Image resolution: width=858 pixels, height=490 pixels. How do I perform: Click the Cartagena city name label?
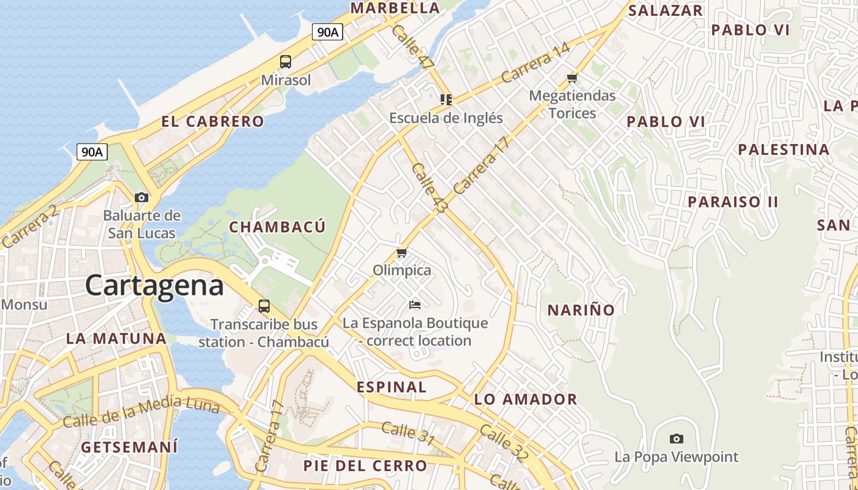tap(154, 285)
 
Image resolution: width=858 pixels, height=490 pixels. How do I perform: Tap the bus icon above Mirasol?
tap(286, 61)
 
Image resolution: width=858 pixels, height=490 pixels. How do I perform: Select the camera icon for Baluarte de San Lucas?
tap(142, 197)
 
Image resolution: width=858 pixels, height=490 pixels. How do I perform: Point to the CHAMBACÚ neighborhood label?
tap(277, 227)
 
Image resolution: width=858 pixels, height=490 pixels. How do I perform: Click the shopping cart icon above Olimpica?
tap(402, 252)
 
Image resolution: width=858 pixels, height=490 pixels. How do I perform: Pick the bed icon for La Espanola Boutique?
tap(415, 304)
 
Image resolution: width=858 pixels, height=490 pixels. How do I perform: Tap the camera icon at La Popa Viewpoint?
tap(677, 439)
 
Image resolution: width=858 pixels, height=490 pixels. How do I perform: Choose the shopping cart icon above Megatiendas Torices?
tap(572, 78)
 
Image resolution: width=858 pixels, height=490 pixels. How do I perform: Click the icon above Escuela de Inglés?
tap(446, 99)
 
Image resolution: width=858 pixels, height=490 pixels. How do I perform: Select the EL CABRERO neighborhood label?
tap(213, 121)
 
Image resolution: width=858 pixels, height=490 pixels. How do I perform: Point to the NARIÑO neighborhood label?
tap(581, 310)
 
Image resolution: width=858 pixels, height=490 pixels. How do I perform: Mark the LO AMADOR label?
tap(526, 400)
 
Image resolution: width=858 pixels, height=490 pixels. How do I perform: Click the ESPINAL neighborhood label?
tap(392, 387)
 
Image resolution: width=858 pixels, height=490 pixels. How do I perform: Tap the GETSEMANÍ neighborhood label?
tap(129, 447)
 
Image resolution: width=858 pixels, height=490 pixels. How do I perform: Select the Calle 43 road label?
tap(428, 188)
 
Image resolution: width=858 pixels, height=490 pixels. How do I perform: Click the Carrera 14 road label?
tap(535, 63)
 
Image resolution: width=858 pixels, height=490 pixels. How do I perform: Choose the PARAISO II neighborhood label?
tap(733, 202)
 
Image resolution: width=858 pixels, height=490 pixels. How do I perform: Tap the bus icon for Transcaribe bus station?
tap(264, 306)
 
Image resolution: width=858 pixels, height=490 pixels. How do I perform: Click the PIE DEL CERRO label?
tap(365, 466)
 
